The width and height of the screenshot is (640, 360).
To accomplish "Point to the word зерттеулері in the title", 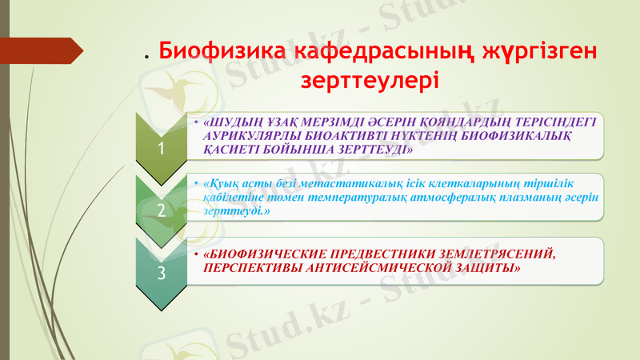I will point(369,81).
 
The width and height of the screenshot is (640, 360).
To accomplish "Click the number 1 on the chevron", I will point(162,148).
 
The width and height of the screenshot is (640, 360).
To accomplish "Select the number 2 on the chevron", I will point(162,210).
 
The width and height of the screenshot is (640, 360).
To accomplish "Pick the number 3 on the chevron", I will point(162,273).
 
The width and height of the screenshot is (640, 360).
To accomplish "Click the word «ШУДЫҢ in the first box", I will point(233,122).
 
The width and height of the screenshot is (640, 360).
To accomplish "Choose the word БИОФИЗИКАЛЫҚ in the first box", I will point(526,135).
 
